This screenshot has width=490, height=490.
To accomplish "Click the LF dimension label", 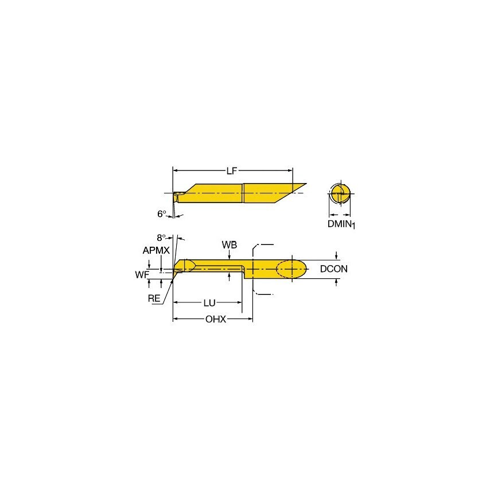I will (x=231, y=170).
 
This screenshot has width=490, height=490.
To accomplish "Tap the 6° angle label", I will (x=162, y=213).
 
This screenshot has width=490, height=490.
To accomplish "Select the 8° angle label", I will (x=162, y=237).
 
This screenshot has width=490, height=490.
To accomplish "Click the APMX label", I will (x=154, y=251).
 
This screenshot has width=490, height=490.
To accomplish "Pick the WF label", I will (x=142, y=275).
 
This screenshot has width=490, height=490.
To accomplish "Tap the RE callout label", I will (x=154, y=298).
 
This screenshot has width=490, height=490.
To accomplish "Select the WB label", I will (x=229, y=245).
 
